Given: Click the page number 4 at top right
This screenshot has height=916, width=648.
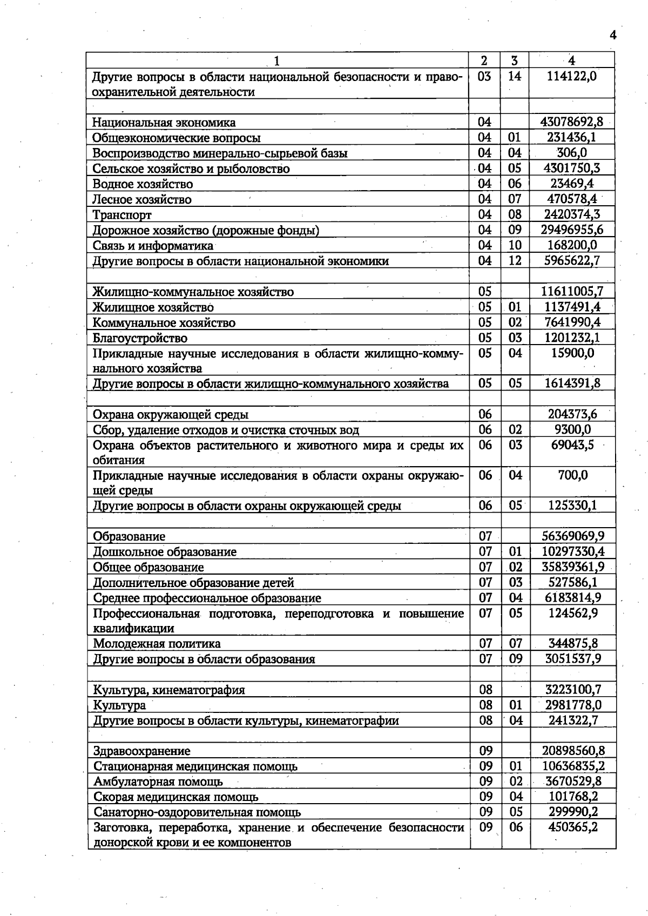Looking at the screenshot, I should pos(613,35).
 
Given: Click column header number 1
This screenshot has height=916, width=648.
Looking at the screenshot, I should pos(277,60).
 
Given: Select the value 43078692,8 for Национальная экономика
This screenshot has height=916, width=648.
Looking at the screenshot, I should pos(572,122).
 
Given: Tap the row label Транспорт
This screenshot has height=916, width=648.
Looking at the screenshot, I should pos(122,215).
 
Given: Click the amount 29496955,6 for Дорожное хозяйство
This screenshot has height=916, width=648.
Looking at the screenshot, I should pos(572,230).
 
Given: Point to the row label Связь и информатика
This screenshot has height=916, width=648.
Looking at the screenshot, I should pos(153,246).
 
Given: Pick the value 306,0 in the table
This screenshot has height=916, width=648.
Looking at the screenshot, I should pos(572,153).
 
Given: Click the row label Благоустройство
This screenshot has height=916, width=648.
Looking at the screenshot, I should pos(140,339).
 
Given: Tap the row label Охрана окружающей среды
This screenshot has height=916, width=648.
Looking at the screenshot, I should pos(171,415).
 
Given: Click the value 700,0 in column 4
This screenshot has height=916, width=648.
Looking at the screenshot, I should pos(573,476).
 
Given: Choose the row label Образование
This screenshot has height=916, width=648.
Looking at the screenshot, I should pos(129,536).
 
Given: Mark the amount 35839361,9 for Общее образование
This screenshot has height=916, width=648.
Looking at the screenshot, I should pos(572,567).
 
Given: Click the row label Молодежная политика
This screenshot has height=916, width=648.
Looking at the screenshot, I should pos(157,644).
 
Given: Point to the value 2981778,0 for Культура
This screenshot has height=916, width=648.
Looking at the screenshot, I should pos(573,705).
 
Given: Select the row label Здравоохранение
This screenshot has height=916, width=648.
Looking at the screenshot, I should pos(141,751).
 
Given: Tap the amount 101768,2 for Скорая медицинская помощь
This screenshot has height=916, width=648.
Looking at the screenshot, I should pos(573,797).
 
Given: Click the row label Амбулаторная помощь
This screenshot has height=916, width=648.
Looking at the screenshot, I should pos(158,782).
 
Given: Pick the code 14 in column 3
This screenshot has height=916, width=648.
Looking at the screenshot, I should pos(515,76).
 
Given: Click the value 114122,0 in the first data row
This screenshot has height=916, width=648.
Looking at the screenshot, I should pos(572,76).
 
